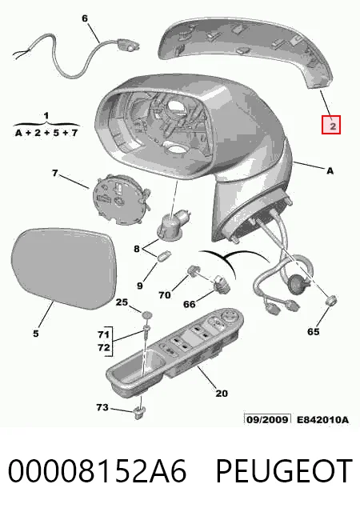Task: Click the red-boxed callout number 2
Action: [x=331, y=125]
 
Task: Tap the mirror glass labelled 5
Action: [x=64, y=268]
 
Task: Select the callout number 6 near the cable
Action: [x=85, y=18]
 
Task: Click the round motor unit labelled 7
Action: [x=120, y=199]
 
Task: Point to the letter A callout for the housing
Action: [x=330, y=170]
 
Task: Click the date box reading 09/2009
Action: [x=267, y=419]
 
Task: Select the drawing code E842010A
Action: [x=322, y=419]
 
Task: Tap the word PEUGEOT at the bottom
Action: [x=283, y=470]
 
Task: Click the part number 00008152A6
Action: [x=97, y=470]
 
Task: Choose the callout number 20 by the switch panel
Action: [x=221, y=393]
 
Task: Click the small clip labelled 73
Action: [x=140, y=413]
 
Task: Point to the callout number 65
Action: [x=313, y=331]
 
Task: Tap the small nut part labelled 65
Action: [x=332, y=300]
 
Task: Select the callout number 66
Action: [x=189, y=304]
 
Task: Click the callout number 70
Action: [x=164, y=295]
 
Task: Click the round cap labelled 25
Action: [x=146, y=315]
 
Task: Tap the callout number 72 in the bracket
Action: [x=103, y=347]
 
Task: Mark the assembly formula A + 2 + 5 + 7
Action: [x=46, y=133]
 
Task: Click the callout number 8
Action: [x=137, y=249]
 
